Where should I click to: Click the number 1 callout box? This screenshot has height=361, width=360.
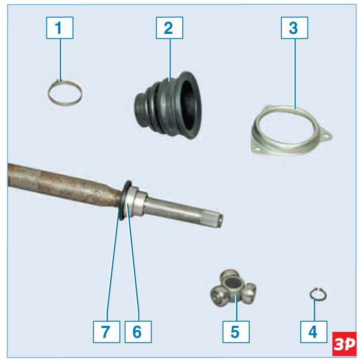(60, 28)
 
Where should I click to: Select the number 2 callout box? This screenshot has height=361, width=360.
(170, 28)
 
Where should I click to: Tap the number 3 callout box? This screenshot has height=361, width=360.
(295, 28)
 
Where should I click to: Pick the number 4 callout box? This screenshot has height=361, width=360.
(314, 332)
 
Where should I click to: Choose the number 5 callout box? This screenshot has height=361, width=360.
(236, 332)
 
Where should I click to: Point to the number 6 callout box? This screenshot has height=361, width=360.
(138, 332)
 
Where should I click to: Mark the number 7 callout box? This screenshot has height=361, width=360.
(106, 332)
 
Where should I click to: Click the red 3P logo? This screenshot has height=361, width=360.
(344, 344)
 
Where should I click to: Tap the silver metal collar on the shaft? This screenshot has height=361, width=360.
(136, 202)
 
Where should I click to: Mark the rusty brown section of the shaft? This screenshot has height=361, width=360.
(62, 184)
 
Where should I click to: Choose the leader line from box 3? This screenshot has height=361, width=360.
(295, 74)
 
